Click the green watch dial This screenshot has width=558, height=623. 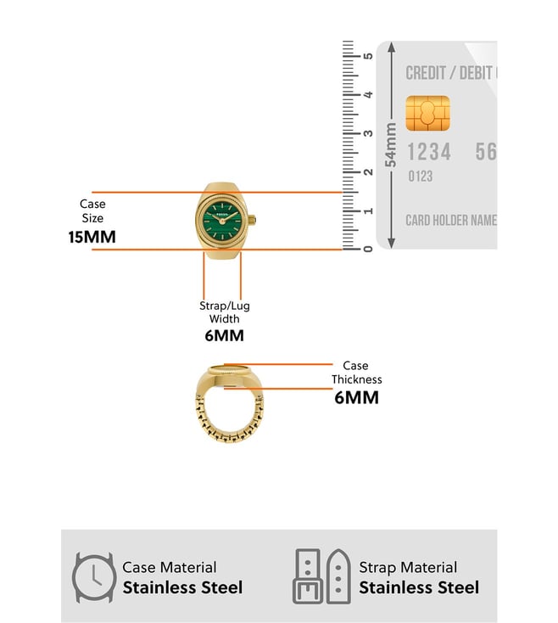222,220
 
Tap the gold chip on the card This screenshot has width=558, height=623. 427,112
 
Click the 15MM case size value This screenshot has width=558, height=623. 92,237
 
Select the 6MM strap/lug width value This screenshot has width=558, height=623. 224,335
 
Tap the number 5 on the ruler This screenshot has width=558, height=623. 367,56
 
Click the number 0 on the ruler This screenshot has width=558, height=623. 367,248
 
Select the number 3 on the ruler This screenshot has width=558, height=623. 367,133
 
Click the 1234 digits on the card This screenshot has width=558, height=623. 429,152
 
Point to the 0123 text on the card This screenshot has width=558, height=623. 420,177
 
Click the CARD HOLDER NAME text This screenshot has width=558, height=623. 450,221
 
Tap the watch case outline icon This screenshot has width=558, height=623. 93,577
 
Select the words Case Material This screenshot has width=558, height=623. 170,567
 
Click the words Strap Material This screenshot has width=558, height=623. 408,567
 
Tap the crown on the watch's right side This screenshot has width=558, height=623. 252,222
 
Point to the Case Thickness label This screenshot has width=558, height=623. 356,373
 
